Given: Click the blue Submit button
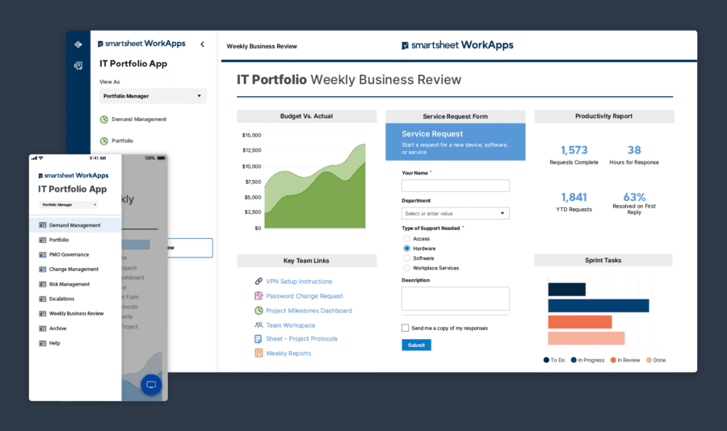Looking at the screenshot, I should point(416,345).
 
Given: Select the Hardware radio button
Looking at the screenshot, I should point(406,249).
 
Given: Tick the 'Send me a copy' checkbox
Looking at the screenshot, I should point(406,328).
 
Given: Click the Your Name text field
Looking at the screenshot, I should point(456,186).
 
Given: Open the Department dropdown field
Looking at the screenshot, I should point(456,214).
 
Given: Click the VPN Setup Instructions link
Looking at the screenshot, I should point(299,282).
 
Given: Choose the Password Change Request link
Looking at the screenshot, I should point(304,296).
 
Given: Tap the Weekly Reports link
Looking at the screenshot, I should point(288,354).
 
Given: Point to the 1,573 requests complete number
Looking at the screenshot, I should point(574,150).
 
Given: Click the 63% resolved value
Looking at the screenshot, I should point(634,197).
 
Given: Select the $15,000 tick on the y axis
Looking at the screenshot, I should point(251,136).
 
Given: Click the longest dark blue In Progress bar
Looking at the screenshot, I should point(598,306).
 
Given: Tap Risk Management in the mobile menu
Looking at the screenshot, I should point(69,284).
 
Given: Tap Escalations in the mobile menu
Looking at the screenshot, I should point(61,299).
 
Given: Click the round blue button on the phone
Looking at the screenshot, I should point(151,385).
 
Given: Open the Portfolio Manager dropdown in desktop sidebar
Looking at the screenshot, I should point(153,96).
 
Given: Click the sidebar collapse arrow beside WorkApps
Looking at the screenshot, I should point(202,44).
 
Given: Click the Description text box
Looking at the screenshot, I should point(456,299).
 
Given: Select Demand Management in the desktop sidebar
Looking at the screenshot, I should point(139,119).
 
